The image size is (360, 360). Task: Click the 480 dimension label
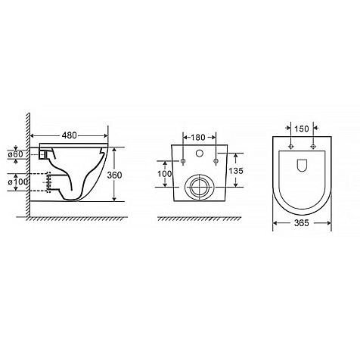click(x=70, y=135)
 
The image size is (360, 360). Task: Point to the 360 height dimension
click(x=114, y=175)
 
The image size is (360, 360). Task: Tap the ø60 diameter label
click(x=15, y=154)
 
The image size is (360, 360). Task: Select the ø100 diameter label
click(x=17, y=182)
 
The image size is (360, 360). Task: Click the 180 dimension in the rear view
click(x=198, y=138)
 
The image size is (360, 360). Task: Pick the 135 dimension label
click(x=236, y=171)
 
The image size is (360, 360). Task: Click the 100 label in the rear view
click(x=164, y=174)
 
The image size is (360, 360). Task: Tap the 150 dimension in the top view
click(x=302, y=129)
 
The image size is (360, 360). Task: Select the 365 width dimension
click(x=302, y=223)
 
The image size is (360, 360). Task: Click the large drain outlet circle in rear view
click(x=200, y=188)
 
